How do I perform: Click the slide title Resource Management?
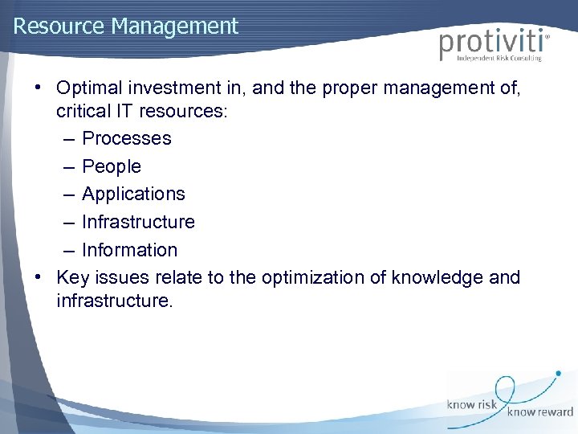click(x=126, y=27)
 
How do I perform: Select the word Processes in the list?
click(x=127, y=138)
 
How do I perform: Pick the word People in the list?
click(x=112, y=166)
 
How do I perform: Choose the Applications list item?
click(x=133, y=194)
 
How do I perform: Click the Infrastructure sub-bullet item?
click(x=138, y=222)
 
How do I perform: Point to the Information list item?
click(x=129, y=250)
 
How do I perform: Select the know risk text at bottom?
click(x=473, y=405)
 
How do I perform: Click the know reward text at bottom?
click(x=540, y=412)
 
